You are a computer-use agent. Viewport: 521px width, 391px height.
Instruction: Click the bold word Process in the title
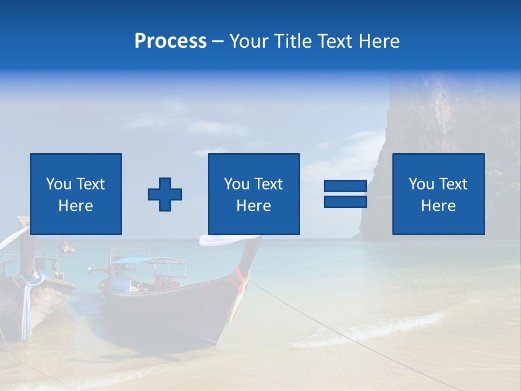point(170,41)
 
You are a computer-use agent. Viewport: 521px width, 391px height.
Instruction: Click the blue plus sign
point(165,194)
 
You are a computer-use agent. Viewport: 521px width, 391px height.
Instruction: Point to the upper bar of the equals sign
point(345,186)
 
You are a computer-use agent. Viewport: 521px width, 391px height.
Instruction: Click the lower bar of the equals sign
point(345,201)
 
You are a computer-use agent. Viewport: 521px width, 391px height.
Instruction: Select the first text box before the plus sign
point(76,194)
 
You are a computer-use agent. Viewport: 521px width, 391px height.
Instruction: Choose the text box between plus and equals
point(253,194)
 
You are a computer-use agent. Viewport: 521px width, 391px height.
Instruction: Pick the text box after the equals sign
point(438,194)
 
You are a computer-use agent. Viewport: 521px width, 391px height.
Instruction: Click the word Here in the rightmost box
point(438,206)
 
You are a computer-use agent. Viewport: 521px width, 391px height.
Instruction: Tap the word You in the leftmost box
point(58,184)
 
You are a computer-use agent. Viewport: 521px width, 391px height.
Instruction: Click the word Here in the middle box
point(253,206)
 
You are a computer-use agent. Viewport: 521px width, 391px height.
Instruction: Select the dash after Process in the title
point(218,41)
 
